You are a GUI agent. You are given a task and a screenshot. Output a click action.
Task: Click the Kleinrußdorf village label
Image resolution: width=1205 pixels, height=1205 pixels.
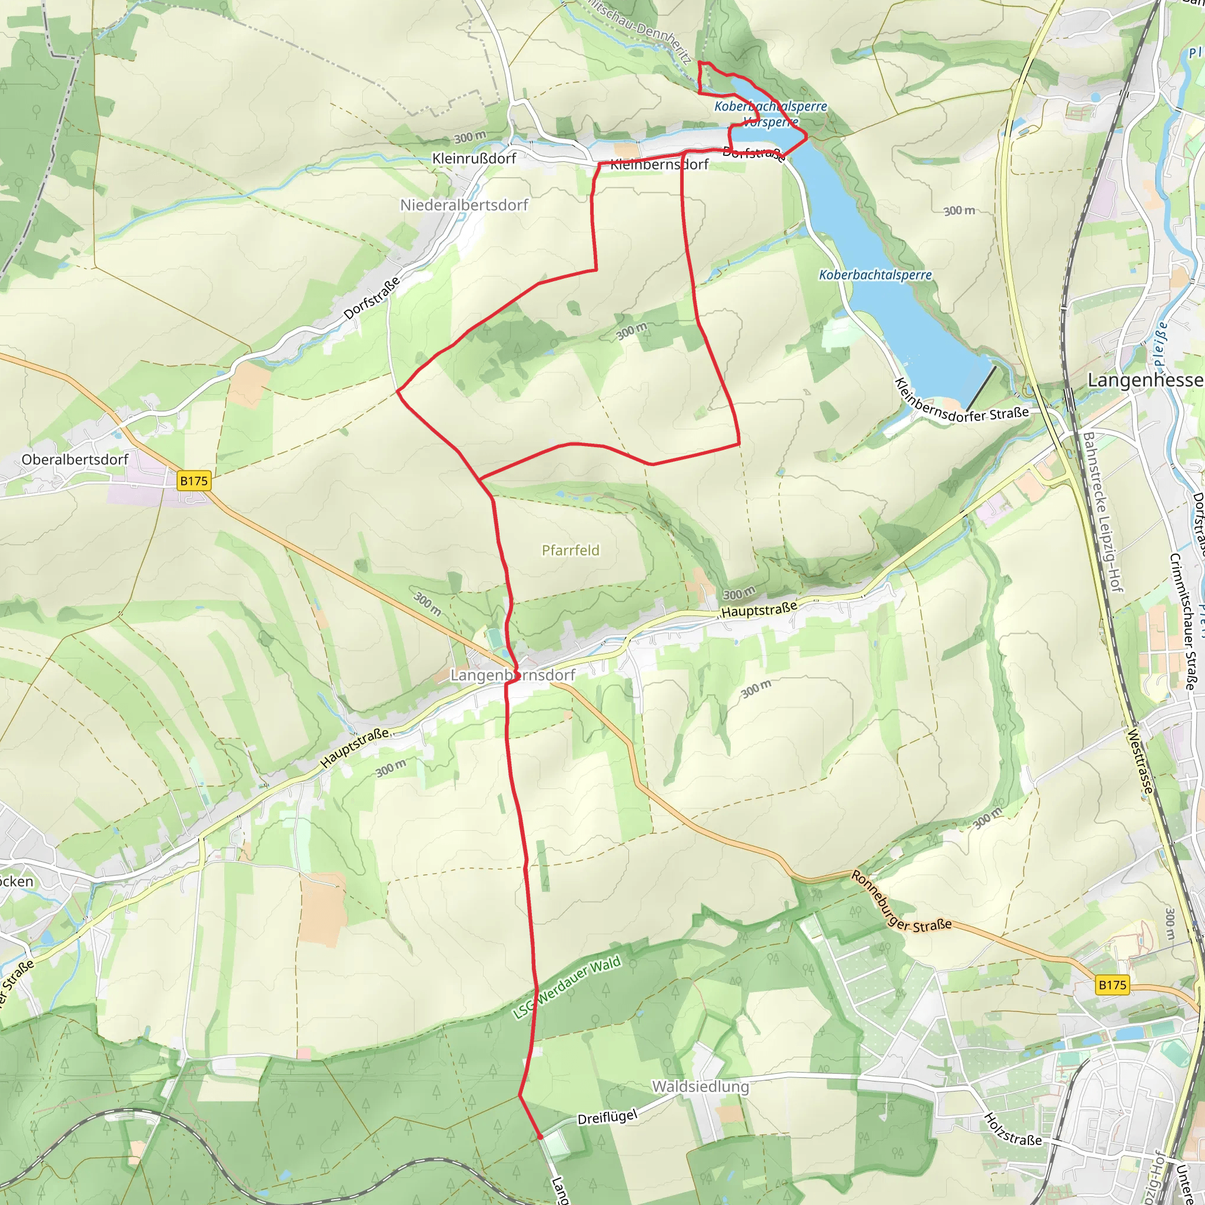tap(474, 158)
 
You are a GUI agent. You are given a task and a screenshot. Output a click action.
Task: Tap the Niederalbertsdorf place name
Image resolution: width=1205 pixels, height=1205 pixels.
tap(464, 205)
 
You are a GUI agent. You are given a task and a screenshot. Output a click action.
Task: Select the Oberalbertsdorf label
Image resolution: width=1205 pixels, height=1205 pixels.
tap(75, 460)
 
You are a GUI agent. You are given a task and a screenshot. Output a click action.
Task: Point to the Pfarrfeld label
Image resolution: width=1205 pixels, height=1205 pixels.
tap(570, 550)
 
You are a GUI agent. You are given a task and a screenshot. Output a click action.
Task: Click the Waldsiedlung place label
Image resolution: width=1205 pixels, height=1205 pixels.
tap(700, 1087)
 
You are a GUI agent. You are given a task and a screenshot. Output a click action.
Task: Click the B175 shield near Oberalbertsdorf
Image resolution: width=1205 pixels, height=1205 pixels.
tap(194, 481)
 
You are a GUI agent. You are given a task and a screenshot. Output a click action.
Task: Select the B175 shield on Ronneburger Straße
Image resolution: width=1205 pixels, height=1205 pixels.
tap(1112, 985)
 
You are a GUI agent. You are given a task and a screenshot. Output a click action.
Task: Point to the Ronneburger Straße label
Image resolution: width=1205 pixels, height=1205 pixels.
tap(901, 902)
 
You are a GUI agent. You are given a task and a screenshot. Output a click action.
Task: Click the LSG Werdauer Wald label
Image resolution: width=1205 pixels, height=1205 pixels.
tap(567, 987)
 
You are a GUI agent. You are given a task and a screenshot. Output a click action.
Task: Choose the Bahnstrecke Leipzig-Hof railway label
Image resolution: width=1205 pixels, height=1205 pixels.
tap(1103, 512)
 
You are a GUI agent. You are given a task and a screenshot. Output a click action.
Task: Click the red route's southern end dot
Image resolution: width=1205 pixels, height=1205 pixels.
tap(540, 1138)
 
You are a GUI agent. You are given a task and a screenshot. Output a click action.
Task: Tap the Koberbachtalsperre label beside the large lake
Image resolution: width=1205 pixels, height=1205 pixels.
tap(875, 275)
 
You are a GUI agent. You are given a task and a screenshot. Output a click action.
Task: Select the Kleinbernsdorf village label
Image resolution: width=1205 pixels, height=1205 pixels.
tap(659, 165)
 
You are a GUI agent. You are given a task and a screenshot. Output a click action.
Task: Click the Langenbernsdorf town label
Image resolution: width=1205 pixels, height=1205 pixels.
tap(512, 675)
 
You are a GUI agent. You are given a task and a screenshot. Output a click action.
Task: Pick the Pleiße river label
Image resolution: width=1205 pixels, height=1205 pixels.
tap(1160, 344)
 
